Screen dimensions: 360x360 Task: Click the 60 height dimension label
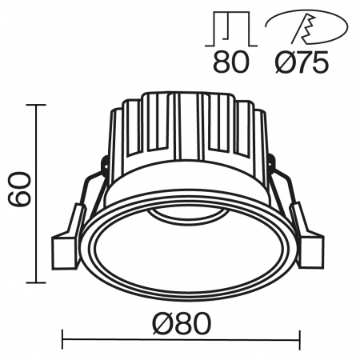tap(18, 192)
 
